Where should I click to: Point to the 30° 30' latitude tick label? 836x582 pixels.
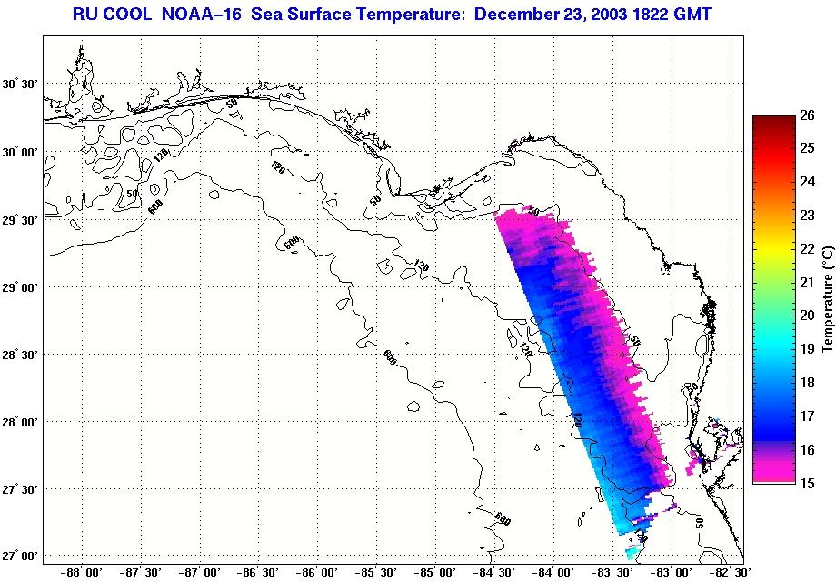[x=20, y=84]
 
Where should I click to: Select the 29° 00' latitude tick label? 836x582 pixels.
[x=20, y=286]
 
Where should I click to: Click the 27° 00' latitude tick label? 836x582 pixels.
[x=20, y=556]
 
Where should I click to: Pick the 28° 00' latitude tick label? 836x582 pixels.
[x=20, y=421]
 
